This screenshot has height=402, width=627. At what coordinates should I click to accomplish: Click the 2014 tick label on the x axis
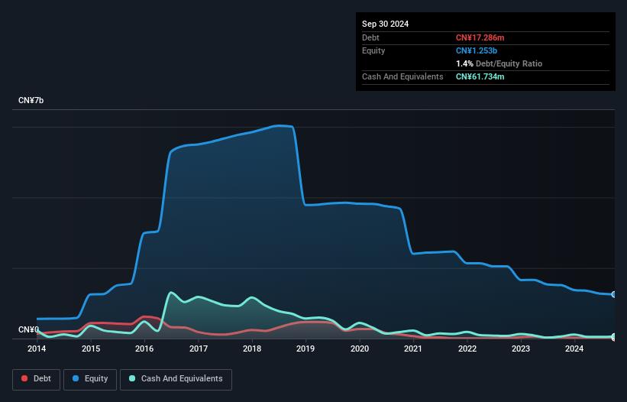(x=37, y=349)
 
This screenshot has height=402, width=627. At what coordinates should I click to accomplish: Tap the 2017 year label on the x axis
(x=199, y=349)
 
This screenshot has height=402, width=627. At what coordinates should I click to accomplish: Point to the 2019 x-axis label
(x=305, y=349)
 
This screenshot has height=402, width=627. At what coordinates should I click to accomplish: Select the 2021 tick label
(x=413, y=349)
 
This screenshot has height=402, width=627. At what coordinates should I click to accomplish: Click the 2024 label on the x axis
(x=574, y=349)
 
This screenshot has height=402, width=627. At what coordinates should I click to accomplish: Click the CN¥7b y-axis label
(x=31, y=101)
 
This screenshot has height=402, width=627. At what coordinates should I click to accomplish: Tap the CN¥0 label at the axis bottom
(x=28, y=330)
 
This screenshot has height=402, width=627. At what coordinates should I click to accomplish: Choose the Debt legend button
(x=37, y=379)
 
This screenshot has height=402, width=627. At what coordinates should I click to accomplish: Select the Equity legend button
(x=90, y=379)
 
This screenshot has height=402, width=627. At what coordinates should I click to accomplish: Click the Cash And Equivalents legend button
(x=176, y=379)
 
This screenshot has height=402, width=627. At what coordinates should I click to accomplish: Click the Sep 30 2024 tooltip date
(x=385, y=24)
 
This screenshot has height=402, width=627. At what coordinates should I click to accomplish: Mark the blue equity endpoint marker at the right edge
(x=614, y=294)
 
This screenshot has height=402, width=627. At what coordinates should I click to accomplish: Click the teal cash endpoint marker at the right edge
(x=614, y=336)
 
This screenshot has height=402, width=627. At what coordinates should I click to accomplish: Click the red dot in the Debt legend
(x=24, y=379)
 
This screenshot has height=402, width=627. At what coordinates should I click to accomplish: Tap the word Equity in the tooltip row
(x=373, y=50)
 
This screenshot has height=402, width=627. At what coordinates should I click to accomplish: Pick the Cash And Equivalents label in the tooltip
(x=402, y=76)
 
